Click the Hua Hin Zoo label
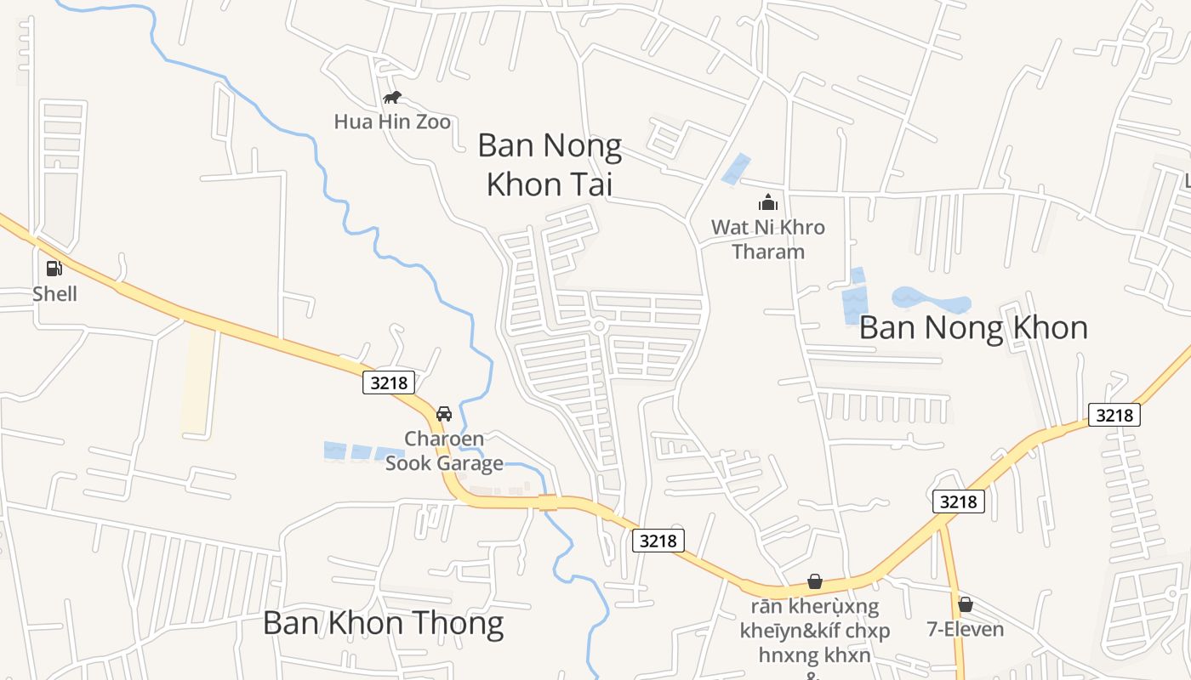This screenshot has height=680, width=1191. coord(392,122)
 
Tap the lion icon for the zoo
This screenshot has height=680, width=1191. coord(392,98)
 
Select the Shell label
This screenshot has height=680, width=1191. coord(54,294)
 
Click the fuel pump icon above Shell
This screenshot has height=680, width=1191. coord(54,269)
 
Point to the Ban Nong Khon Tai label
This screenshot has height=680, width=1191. coord(550,165)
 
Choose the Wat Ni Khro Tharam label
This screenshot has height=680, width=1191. coord(768,240)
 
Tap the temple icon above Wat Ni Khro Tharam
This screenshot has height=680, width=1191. coord(768,202)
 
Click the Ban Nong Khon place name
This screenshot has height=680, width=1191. coord(973,327)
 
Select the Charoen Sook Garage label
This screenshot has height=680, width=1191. coord(444,451)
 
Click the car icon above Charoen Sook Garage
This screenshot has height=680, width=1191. coord(443,414)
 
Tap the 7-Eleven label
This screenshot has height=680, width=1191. coord(966,629)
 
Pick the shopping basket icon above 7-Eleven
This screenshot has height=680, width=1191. coord(966,604)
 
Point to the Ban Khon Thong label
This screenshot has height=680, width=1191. coord(383,623)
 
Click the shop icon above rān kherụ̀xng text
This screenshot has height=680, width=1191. coord(815,581)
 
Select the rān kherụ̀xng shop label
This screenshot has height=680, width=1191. coord(815,631)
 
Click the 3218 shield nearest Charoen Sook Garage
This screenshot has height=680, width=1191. coord(390,382)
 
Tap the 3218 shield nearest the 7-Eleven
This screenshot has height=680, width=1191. coord(959,501)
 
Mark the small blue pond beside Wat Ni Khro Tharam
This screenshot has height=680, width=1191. coord(736,169)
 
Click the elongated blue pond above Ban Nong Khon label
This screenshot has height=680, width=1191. coord(931,300)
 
